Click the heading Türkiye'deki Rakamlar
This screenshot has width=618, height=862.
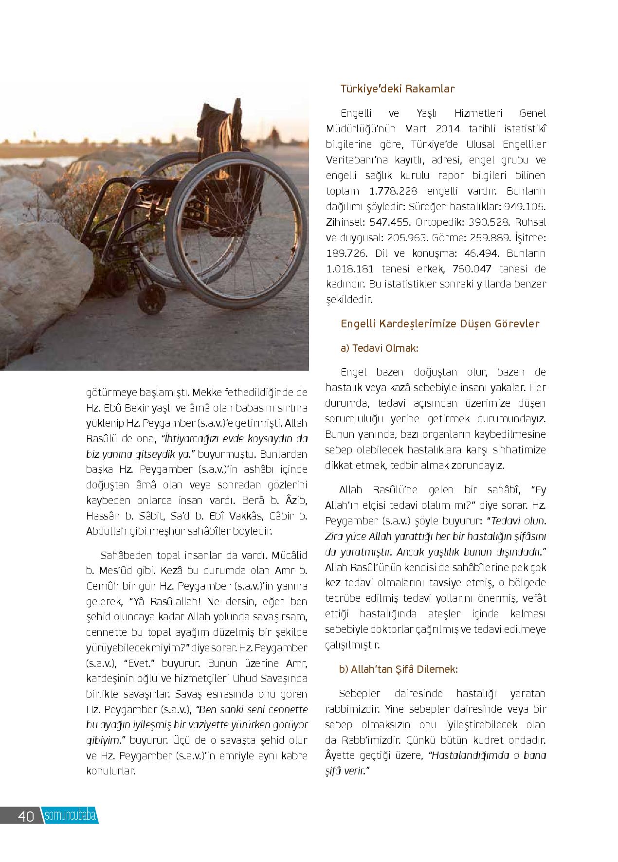tap(398, 89)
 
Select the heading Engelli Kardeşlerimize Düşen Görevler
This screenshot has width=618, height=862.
tap(440, 324)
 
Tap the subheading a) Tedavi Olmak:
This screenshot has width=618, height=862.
tap(380, 349)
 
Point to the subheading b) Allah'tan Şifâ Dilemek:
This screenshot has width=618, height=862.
tap(398, 669)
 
